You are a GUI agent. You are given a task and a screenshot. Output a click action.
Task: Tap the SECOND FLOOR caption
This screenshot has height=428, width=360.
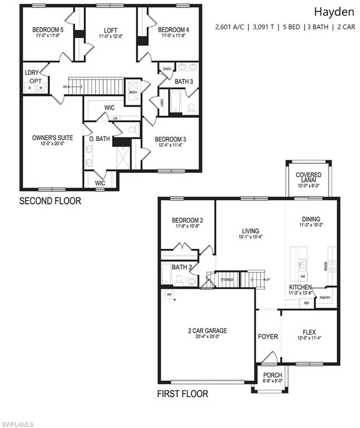click(x=50, y=201)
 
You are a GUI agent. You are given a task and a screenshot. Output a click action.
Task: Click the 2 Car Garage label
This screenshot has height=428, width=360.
click(x=207, y=330)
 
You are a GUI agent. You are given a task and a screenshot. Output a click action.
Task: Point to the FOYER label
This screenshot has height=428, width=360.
click(x=267, y=337)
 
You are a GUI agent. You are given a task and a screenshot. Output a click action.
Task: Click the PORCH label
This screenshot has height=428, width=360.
click(x=273, y=375)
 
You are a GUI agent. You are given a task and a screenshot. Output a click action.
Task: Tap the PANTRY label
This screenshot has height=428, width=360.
click(x=325, y=298)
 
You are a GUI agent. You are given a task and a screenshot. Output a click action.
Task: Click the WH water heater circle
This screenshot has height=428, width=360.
click(x=169, y=294)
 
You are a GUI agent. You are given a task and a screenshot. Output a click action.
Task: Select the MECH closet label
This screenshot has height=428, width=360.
click(x=133, y=92)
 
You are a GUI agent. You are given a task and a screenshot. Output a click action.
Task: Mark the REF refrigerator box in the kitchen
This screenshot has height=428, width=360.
click(x=307, y=303)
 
